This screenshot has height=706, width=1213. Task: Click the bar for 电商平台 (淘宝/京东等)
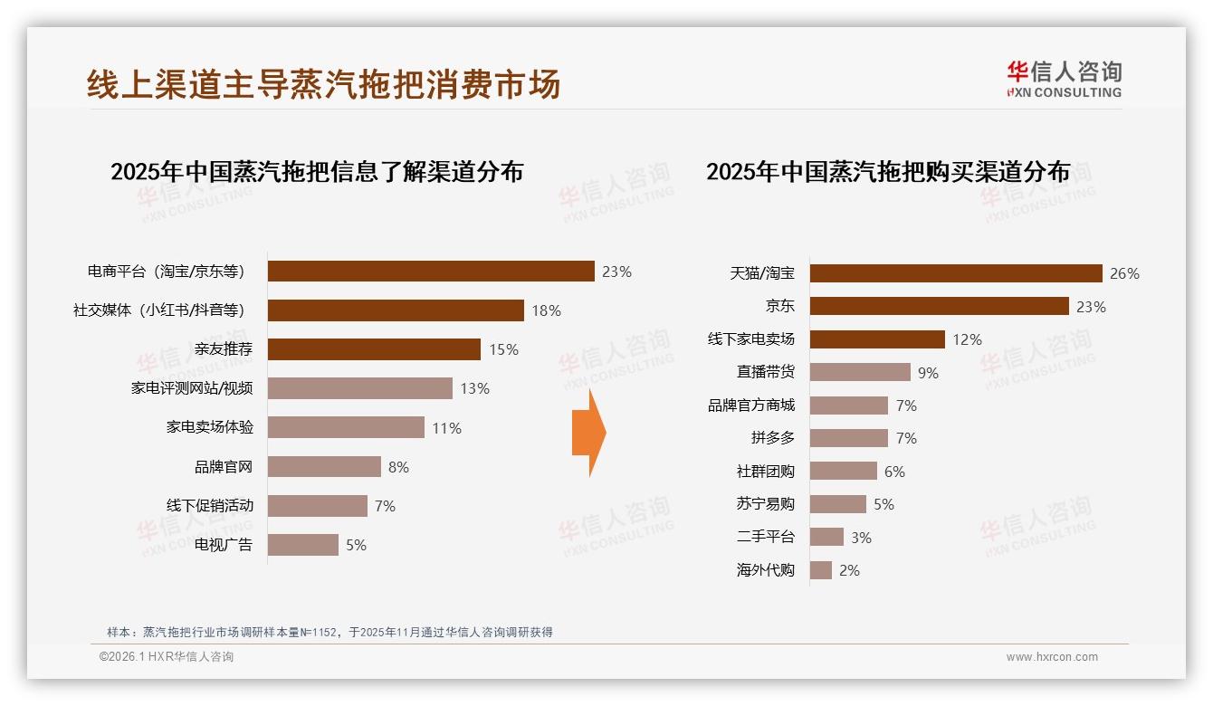click(x=431, y=271)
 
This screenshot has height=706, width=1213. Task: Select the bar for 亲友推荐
click(x=374, y=349)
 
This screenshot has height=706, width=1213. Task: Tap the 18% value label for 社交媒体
click(x=546, y=310)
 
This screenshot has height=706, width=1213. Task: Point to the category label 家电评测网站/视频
click(x=192, y=388)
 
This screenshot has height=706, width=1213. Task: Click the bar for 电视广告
click(x=303, y=545)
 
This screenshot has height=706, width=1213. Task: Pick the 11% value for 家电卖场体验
click(x=446, y=428)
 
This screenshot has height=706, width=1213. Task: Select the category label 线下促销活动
click(x=210, y=505)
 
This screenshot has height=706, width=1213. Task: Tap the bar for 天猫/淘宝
click(x=956, y=273)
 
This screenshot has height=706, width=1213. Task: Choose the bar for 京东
click(x=939, y=306)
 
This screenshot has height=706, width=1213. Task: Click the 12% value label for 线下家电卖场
click(x=967, y=339)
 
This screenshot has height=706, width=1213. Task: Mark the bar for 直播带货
click(x=860, y=372)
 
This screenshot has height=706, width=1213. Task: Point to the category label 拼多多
click(x=772, y=438)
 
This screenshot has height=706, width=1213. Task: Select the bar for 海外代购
click(x=821, y=570)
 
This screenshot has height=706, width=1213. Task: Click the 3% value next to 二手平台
click(x=861, y=538)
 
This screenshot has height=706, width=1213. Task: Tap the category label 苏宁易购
click(x=765, y=504)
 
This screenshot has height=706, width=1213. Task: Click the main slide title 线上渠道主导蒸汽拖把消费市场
click(x=323, y=84)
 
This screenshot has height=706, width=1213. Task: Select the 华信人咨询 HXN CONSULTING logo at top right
click(x=1064, y=80)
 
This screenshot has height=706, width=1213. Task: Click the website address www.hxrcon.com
click(x=1052, y=657)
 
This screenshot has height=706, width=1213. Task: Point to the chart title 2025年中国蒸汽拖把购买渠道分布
click(x=888, y=172)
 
